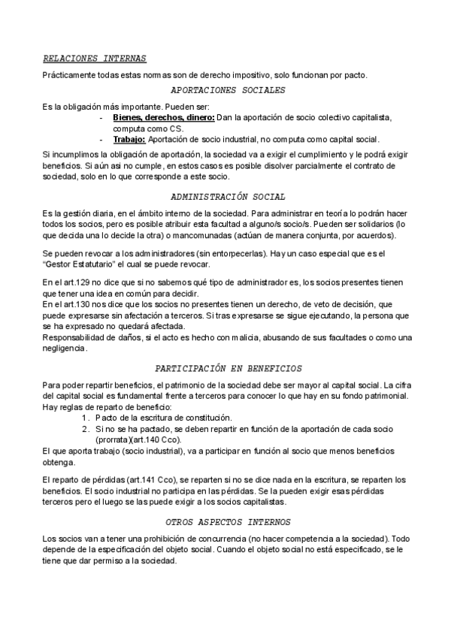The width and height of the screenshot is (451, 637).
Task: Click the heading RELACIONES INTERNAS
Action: pos(94,59)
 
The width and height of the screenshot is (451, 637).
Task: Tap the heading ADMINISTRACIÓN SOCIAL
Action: pos(229,197)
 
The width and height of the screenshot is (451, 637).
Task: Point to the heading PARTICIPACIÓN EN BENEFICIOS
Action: pos(228,369)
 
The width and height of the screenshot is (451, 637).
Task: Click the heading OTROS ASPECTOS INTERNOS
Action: pos(228,521)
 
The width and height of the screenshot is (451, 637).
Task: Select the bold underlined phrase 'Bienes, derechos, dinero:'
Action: pos(164,118)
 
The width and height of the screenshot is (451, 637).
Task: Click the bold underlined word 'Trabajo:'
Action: pos(129,139)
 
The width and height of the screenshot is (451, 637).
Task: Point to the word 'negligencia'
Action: pos(65,348)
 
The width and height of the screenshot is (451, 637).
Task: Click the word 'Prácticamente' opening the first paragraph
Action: pos(71,74)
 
